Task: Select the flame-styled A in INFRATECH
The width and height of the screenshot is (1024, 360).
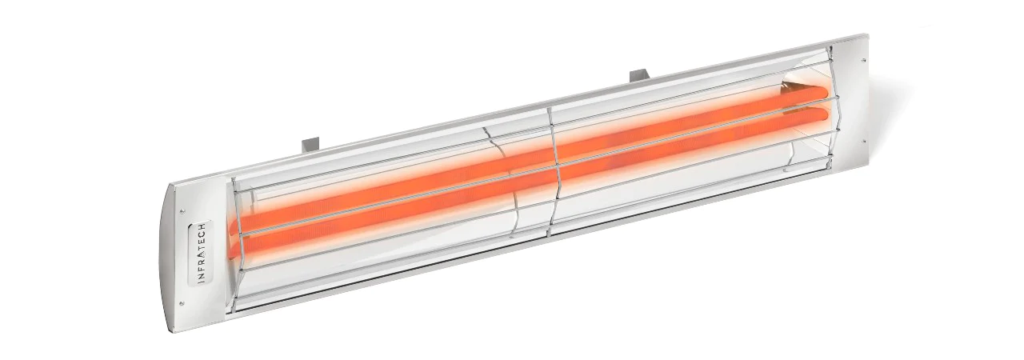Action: pyautogui.click(x=200, y=254)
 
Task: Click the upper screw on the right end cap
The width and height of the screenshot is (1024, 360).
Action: pyautogui.click(x=864, y=57)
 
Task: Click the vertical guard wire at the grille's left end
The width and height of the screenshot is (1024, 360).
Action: pyautogui.click(x=234, y=240)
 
